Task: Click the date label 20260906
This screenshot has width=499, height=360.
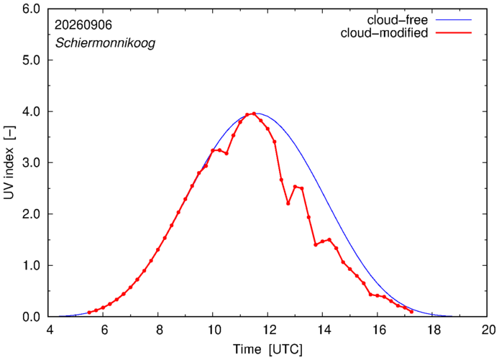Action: point(83,25)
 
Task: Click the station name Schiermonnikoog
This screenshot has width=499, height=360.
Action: point(106,43)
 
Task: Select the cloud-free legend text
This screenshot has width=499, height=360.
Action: point(397,20)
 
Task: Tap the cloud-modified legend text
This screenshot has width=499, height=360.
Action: point(384,33)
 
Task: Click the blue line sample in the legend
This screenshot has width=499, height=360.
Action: point(454,19)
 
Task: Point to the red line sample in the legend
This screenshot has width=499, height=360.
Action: point(454,33)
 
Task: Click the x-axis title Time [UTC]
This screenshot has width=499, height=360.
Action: point(267,349)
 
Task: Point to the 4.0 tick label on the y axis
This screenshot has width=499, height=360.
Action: point(32,111)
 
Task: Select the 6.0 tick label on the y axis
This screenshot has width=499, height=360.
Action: point(32,9)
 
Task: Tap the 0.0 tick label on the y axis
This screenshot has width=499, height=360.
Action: point(32,317)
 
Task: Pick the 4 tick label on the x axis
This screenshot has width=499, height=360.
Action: point(50,330)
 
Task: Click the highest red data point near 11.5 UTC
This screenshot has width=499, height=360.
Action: point(254,114)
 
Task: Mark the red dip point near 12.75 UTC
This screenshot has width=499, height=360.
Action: point(288,203)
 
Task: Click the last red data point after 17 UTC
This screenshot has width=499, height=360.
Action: point(411,312)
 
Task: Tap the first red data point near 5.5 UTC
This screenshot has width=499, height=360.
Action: point(89,313)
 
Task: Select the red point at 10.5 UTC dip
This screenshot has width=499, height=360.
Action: point(226,153)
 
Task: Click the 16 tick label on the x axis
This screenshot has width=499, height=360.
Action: point(377,330)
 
